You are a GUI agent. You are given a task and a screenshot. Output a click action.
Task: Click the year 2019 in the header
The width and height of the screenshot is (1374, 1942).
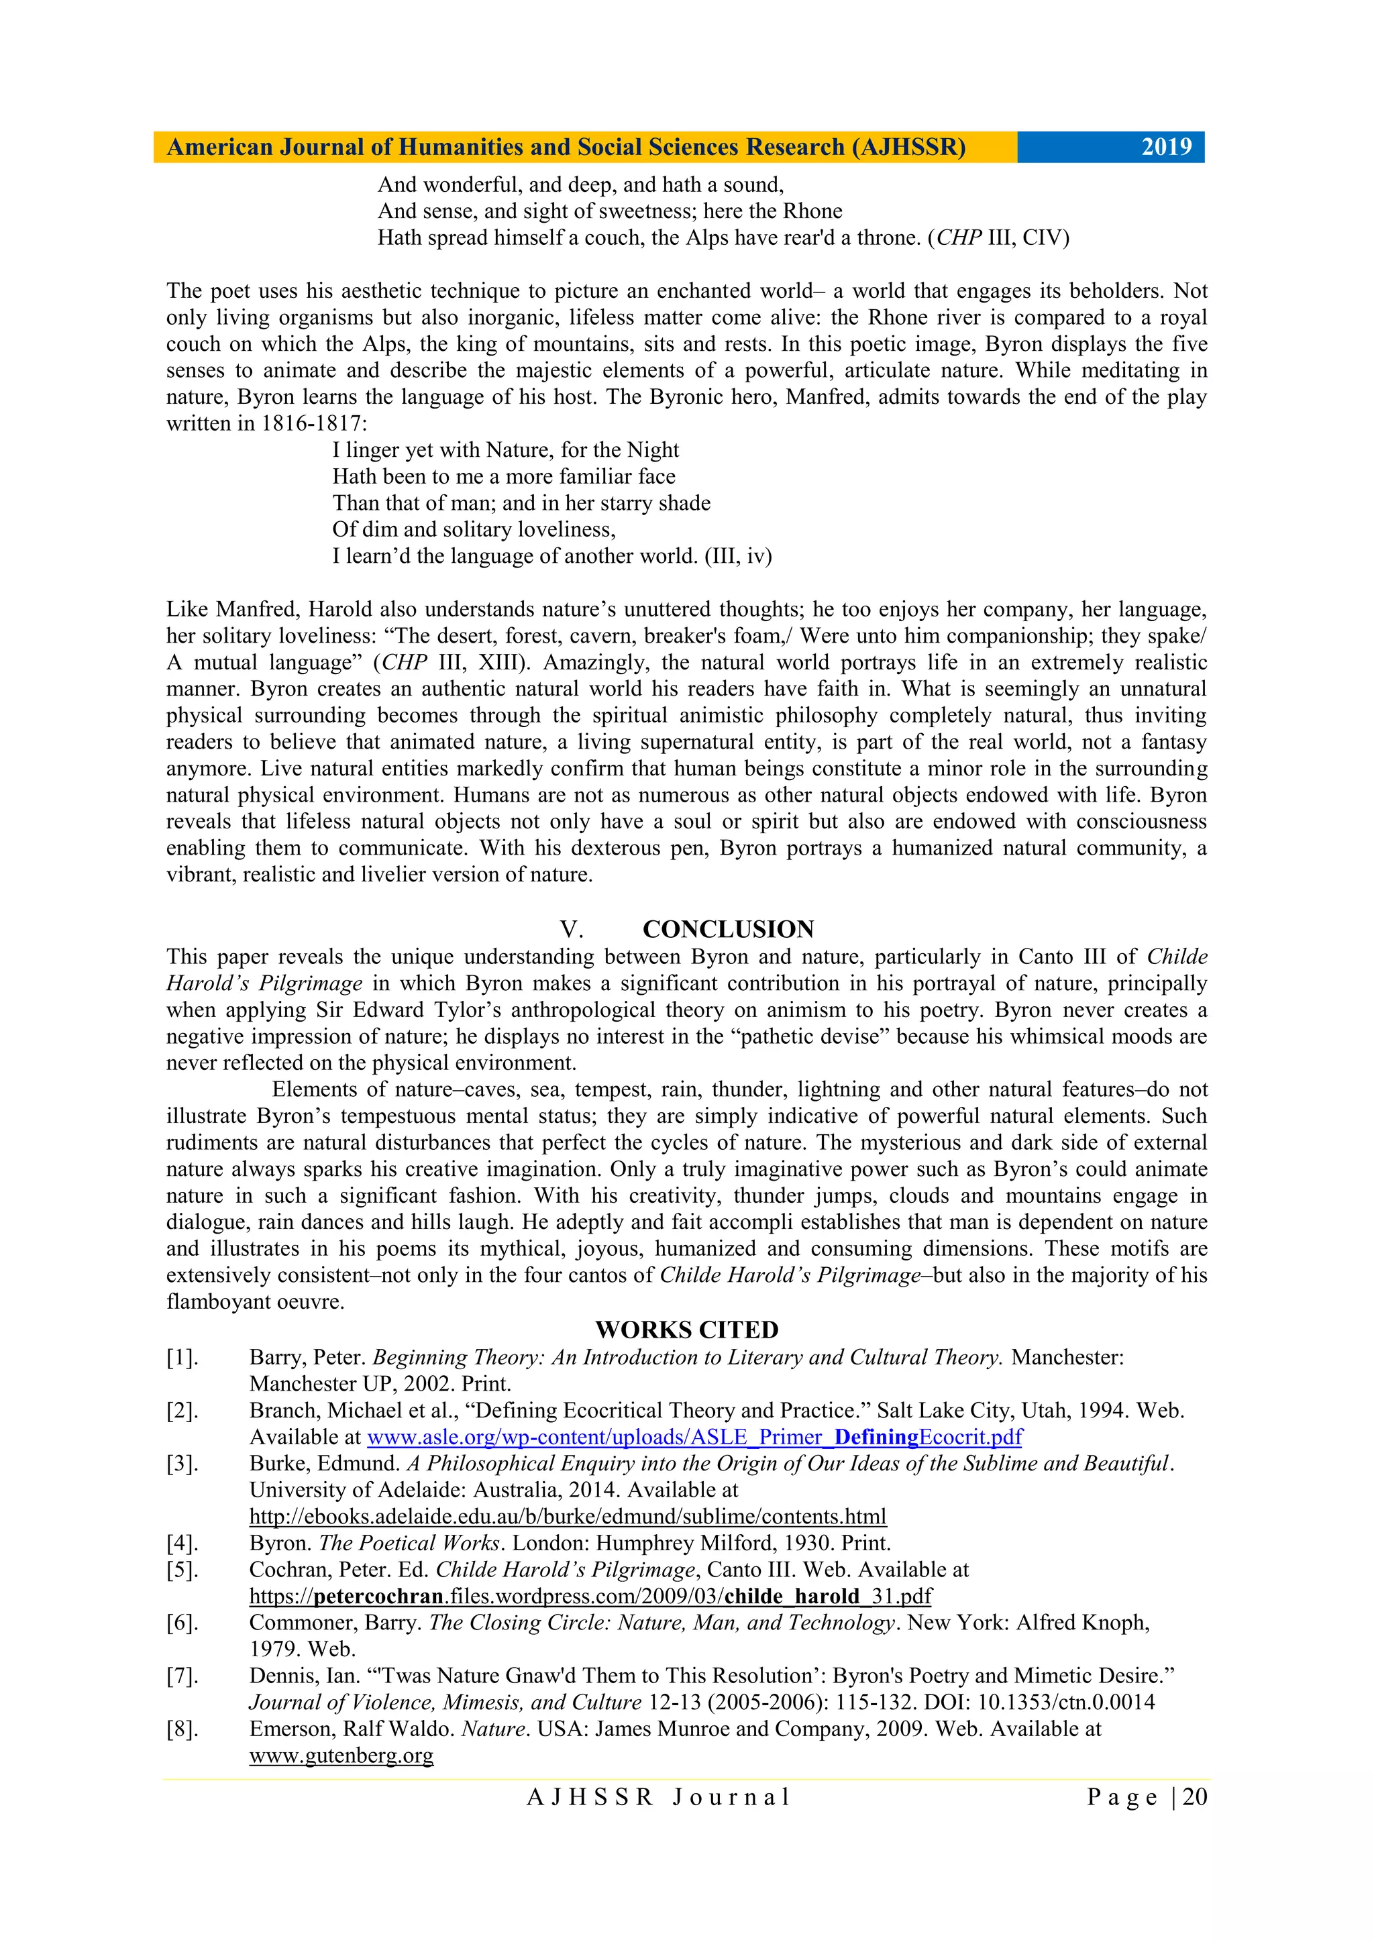point(1166,147)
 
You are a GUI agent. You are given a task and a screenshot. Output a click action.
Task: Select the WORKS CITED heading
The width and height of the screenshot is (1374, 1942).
point(686,1330)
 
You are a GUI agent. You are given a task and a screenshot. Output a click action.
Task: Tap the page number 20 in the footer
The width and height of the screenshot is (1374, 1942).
point(1195,1796)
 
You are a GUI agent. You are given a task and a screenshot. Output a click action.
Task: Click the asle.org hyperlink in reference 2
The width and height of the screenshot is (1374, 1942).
point(694,1437)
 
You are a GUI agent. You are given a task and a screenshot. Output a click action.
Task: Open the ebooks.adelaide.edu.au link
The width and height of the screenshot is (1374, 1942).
point(568,1517)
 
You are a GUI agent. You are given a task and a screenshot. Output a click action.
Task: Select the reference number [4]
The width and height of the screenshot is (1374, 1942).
point(182,1543)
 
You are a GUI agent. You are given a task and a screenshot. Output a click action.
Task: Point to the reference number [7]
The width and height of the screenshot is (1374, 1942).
point(182,1676)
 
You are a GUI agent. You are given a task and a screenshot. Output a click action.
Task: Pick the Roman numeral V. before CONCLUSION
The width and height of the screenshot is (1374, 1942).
point(571,930)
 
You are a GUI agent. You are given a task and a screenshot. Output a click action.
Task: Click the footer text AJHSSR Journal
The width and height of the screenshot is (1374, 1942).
point(658,1796)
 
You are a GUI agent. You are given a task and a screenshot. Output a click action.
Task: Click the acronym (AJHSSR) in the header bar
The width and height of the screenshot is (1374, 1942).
point(908,147)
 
